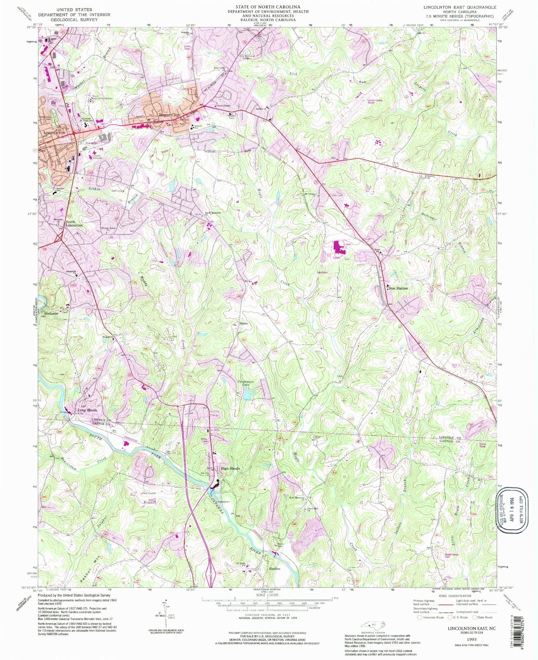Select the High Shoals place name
coord(230,468)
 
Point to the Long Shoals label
coord(88,410)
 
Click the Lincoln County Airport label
coord(375,102)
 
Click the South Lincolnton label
coord(74,223)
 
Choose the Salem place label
coord(244,323)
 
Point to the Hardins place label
coord(274,569)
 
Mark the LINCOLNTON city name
coord(54,133)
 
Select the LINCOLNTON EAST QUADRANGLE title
coord(460,7)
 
